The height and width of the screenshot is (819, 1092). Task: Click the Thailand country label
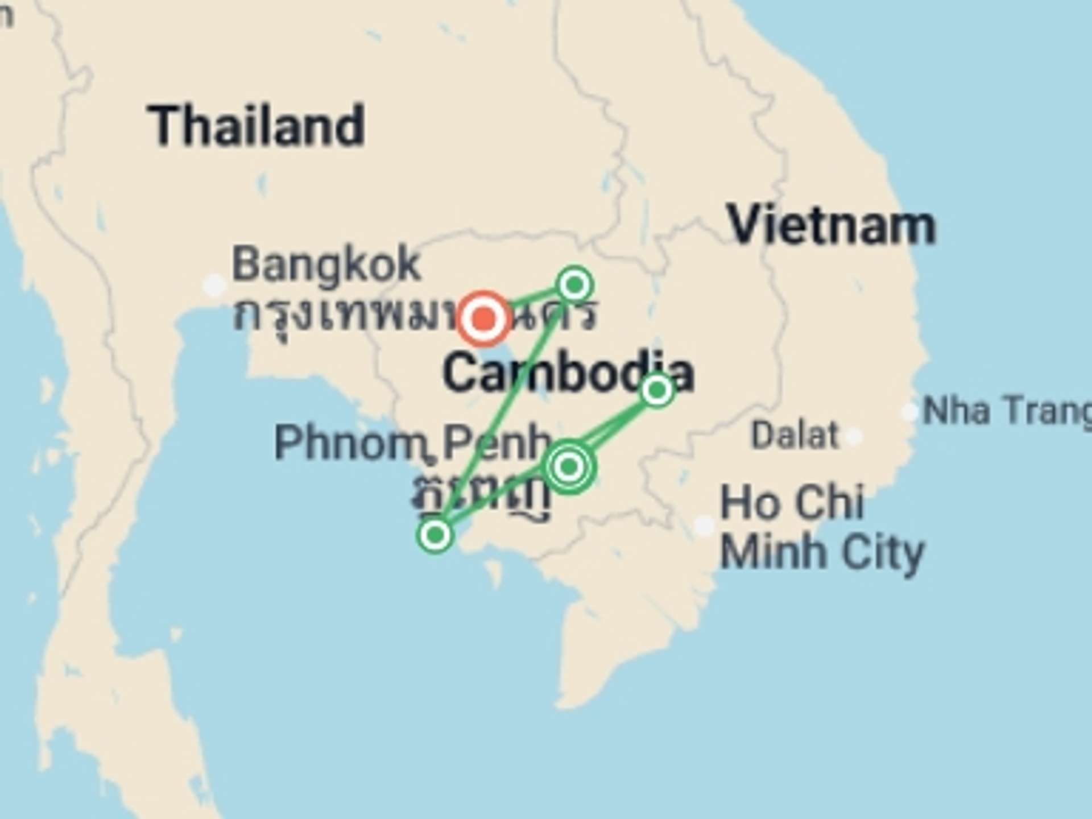point(256,126)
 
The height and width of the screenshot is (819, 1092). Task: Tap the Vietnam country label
point(832,226)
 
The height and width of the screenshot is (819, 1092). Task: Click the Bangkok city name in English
point(326,264)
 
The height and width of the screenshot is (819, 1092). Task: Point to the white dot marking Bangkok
point(214,284)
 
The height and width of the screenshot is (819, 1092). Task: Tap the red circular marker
point(483,318)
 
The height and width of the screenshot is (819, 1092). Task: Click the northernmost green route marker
point(575,284)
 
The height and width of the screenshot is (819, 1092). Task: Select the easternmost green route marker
point(657,390)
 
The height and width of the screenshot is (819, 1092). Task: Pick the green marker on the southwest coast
point(436,535)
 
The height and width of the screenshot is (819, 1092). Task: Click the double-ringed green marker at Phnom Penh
point(569,467)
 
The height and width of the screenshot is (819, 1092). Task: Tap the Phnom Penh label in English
point(412,442)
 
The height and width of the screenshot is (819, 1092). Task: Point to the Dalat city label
point(795,436)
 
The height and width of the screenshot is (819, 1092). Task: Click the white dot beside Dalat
point(853,437)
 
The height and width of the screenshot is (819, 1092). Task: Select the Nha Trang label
point(1007,411)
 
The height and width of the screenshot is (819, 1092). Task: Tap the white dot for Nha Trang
point(910,412)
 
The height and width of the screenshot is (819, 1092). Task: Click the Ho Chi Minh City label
point(822,527)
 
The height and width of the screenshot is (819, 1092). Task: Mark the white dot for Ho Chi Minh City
point(704,526)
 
